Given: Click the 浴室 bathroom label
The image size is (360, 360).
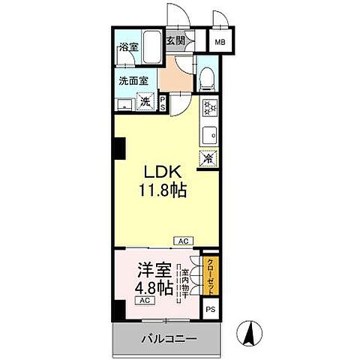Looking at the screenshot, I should [128, 46].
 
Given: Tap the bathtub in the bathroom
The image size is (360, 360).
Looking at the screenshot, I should [152, 49].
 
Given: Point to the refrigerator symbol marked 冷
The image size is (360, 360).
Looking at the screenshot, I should [208, 158].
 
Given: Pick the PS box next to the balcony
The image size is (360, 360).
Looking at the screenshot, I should [211, 308].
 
